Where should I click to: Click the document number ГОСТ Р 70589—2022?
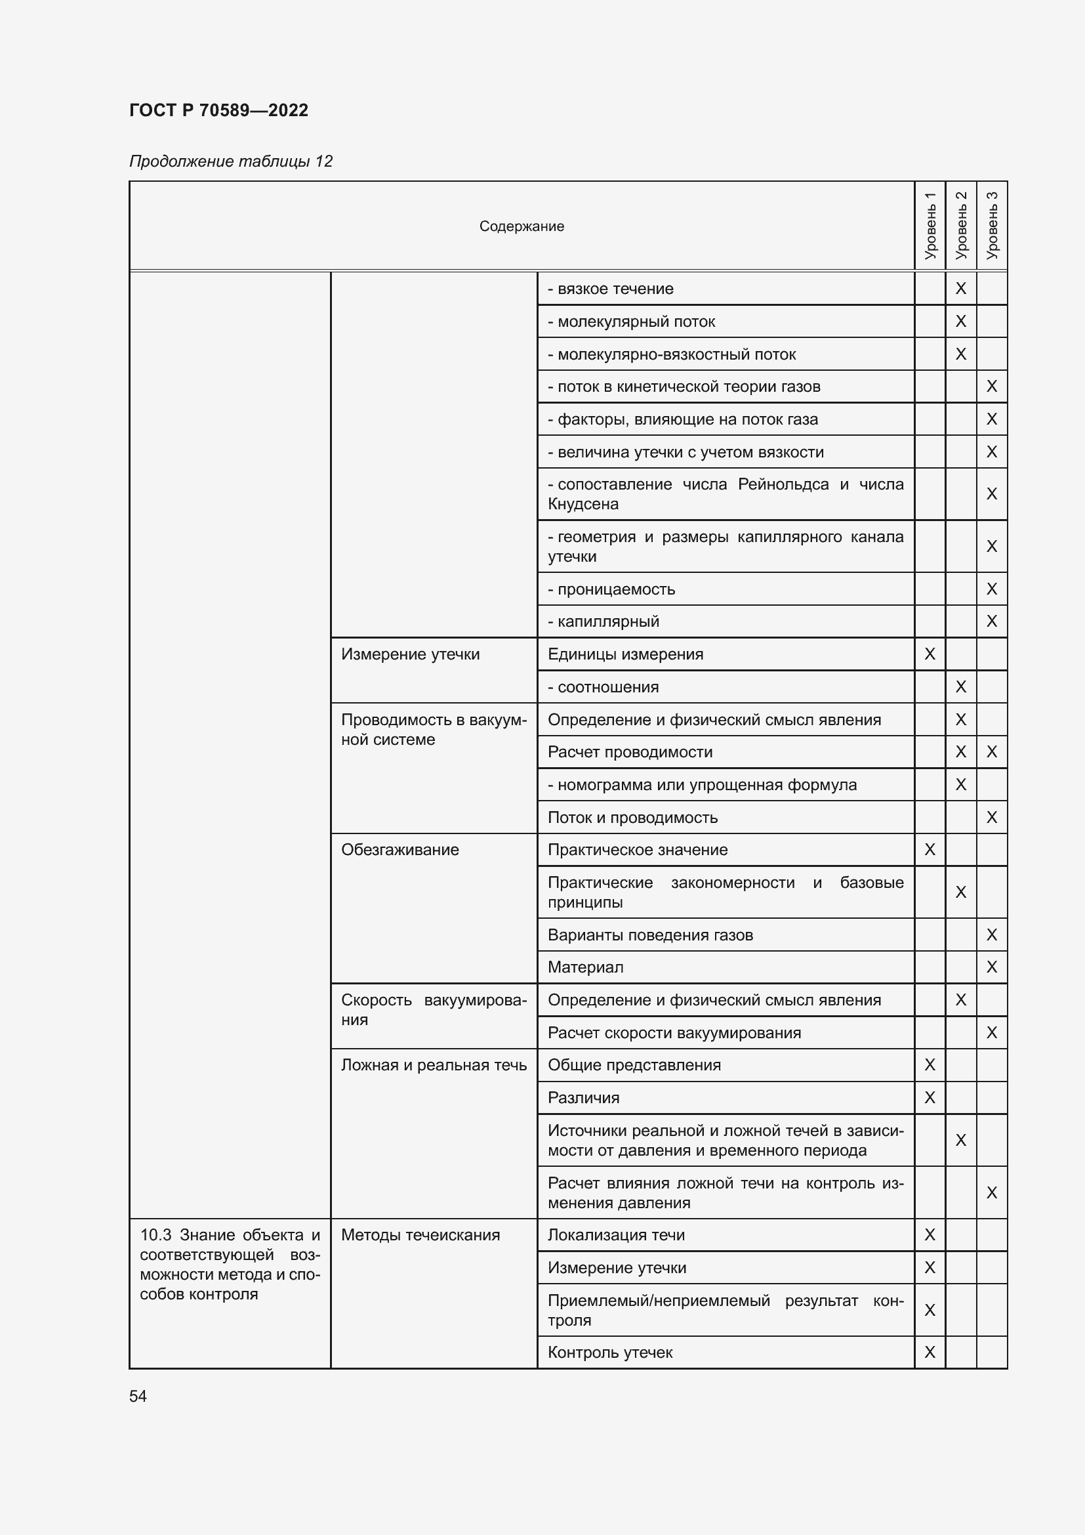click(x=218, y=110)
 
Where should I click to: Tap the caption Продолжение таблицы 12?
click(x=230, y=161)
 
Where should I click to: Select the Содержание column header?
click(x=521, y=226)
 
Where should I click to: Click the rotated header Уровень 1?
click(x=930, y=225)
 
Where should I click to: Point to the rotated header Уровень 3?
click(x=992, y=225)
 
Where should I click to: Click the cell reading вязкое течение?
click(x=611, y=289)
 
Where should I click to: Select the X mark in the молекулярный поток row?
click(x=961, y=322)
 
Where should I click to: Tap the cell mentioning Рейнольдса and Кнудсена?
click(x=725, y=494)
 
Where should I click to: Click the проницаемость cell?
click(x=611, y=589)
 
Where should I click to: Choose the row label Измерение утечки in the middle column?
click(x=410, y=654)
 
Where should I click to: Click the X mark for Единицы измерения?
click(x=930, y=654)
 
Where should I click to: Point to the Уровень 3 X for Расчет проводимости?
click(x=991, y=752)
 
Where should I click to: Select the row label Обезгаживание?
click(x=399, y=850)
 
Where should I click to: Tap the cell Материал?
click(x=585, y=967)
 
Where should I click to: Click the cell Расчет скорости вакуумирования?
click(x=674, y=1032)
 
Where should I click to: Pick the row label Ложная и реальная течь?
click(x=434, y=1065)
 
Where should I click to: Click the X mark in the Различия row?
click(x=930, y=1098)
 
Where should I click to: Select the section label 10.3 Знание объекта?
click(x=230, y=1264)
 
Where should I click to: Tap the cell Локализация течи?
click(x=616, y=1235)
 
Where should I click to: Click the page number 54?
click(x=138, y=1396)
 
